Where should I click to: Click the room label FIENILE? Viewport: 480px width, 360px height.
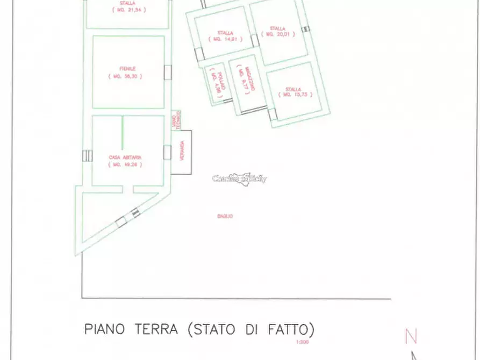(x=127, y=69)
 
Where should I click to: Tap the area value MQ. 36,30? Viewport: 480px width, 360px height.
(x=127, y=77)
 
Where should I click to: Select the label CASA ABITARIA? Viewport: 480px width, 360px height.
(x=125, y=157)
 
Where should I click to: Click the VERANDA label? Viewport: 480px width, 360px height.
(x=182, y=152)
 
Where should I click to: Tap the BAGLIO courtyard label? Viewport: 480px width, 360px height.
(x=225, y=216)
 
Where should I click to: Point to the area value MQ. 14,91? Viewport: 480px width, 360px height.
(x=225, y=39)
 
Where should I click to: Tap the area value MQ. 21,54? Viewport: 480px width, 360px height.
(x=129, y=10)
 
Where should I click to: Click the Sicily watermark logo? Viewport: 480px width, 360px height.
(x=240, y=179)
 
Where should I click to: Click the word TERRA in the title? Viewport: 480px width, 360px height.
(x=155, y=329)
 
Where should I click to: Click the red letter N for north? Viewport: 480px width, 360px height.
(x=411, y=336)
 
